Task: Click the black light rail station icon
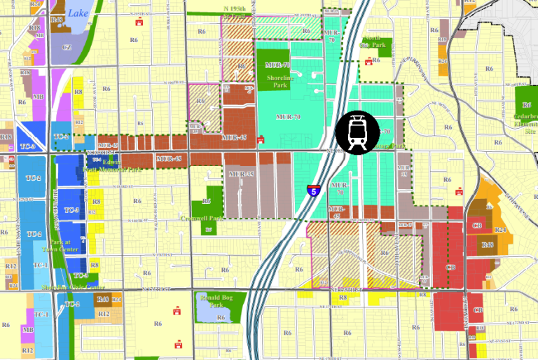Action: (357, 131)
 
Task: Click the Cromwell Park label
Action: (210, 218)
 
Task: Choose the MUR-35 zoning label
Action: (240, 172)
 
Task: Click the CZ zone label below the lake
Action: (67, 47)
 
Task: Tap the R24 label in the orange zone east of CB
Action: (501, 230)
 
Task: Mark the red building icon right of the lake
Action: (139, 22)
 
